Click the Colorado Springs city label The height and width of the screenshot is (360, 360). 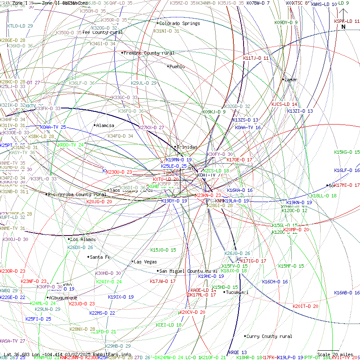pyautogui.click(x=180, y=23)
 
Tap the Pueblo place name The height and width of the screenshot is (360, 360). pyautogui.click(x=177, y=66)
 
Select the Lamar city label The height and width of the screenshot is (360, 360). pyautogui.click(x=291, y=79)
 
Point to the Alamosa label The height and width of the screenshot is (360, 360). pyautogui.click(x=105, y=125)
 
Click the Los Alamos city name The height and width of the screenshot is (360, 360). pyautogui.click(x=83, y=239)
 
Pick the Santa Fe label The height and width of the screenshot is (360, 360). pyautogui.click(x=100, y=257)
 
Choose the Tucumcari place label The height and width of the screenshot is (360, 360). pyautogui.click(x=237, y=292)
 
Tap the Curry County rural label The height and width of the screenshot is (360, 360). pyautogui.click(x=269, y=336)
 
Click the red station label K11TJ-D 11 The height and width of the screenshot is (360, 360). pyautogui.click(x=256, y=58)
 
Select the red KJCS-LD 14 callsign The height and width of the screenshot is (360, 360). pyautogui.click(x=284, y=104)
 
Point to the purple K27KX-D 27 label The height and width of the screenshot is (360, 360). pyautogui.click(x=151, y=127)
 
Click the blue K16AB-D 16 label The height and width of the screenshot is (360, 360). pyautogui.click(x=346, y=293)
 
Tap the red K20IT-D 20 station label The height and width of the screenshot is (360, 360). pyautogui.click(x=305, y=306)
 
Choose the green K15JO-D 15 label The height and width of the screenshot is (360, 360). pyautogui.click(x=163, y=250)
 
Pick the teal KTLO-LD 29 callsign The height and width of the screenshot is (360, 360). pyautogui.click(x=20, y=26)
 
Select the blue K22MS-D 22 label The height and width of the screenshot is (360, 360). pyautogui.click(x=102, y=313)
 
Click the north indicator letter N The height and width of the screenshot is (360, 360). pyautogui.click(x=343, y=27)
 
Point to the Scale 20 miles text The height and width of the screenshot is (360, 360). pyautogui.click(x=335, y=354)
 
